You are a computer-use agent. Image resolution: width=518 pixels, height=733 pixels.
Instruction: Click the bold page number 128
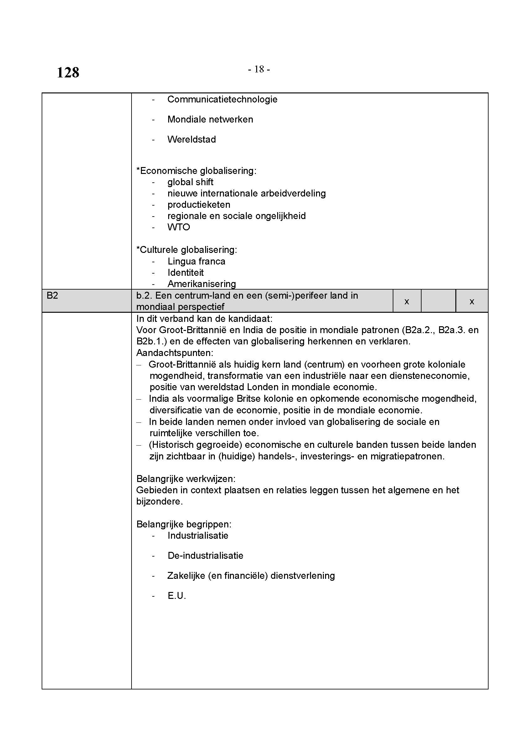pos(68,72)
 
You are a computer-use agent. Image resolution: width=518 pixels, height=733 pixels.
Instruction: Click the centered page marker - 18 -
pos(259,69)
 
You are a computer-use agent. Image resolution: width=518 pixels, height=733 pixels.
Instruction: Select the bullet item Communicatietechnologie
pos(222,99)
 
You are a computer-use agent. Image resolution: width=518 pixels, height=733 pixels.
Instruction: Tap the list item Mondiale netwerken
pos(210,119)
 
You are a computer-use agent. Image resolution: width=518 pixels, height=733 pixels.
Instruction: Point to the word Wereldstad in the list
pos(191,139)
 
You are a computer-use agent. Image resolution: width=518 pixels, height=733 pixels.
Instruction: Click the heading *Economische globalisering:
pos(196,171)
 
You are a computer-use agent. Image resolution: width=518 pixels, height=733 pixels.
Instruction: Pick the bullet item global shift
pos(190,182)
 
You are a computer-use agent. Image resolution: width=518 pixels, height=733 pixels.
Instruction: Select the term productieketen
pos(199,205)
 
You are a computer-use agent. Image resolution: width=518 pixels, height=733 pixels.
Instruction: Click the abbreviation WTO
pos(179,227)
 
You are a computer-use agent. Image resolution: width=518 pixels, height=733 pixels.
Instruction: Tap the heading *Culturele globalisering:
pos(187,250)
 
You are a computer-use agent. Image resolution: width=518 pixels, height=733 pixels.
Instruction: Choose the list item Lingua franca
pos(196,261)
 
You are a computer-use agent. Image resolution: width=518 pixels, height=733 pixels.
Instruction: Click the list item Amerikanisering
pos(202,284)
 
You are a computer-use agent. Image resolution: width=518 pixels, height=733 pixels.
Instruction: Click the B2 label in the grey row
pos(52,296)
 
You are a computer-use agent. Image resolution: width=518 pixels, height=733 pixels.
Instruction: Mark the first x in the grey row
pos(407,301)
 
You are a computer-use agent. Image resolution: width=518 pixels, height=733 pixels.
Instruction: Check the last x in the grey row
pos(472,301)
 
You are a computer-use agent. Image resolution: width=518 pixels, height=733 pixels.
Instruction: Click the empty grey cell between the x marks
pos(438,301)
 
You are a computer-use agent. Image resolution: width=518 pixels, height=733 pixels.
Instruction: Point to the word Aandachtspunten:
pos(175,353)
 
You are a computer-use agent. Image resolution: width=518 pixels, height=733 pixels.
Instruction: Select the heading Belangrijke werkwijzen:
pos(186,479)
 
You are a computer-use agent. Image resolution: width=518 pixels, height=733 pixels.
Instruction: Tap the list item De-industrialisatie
pos(205,556)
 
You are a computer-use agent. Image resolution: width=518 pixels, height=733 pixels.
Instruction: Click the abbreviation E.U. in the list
pos(177,596)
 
